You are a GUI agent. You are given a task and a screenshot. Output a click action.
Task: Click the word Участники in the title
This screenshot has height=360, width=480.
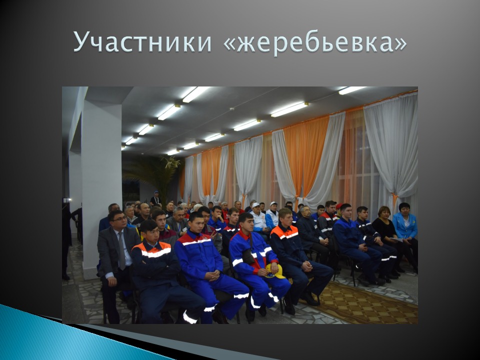click(x=142, y=42)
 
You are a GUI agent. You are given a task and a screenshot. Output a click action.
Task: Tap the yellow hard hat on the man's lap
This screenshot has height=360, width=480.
click(x=274, y=271)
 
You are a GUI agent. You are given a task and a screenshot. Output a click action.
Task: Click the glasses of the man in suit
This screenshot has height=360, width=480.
click(x=118, y=219)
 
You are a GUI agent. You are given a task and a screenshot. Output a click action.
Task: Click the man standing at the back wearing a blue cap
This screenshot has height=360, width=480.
click(x=156, y=198)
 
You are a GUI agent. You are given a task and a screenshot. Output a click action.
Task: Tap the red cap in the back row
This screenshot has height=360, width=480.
click(x=338, y=205)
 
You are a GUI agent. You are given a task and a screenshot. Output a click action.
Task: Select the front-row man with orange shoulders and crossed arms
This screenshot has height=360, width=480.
click(x=156, y=269)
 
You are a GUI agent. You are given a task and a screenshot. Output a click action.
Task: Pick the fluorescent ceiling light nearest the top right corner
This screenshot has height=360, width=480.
click(x=352, y=90)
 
